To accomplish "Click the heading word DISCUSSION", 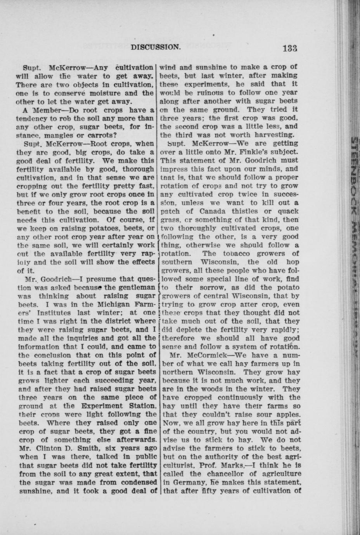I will coord(156,47).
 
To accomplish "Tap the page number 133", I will coord(290,48).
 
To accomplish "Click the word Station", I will coord(138,406).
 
